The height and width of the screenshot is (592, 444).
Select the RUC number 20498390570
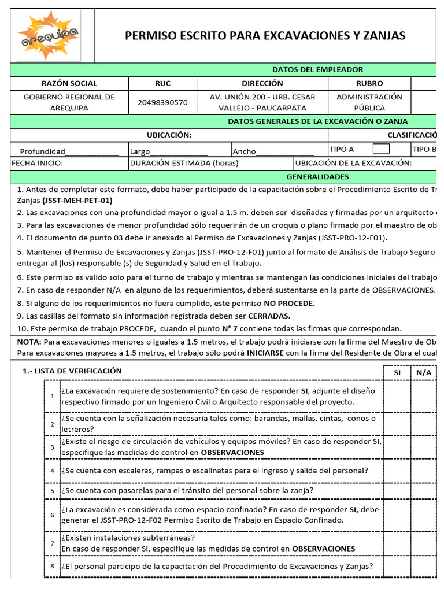(x=162, y=102)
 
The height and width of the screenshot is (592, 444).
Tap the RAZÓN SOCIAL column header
(x=69, y=83)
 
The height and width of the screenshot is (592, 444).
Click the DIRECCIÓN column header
(x=262, y=83)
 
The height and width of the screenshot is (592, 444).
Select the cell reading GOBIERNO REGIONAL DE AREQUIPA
(x=69, y=102)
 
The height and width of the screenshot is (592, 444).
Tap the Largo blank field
(x=179, y=151)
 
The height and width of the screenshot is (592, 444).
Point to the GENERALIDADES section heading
(x=318, y=176)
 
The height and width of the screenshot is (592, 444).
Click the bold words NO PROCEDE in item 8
(x=290, y=303)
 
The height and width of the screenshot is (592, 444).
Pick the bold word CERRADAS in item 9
(x=269, y=316)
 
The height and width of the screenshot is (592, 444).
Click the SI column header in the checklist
(x=397, y=373)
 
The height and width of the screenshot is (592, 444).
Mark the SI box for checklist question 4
(x=397, y=471)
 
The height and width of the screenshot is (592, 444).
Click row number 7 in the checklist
(x=52, y=543)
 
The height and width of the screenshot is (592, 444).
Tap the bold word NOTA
(x=29, y=342)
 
